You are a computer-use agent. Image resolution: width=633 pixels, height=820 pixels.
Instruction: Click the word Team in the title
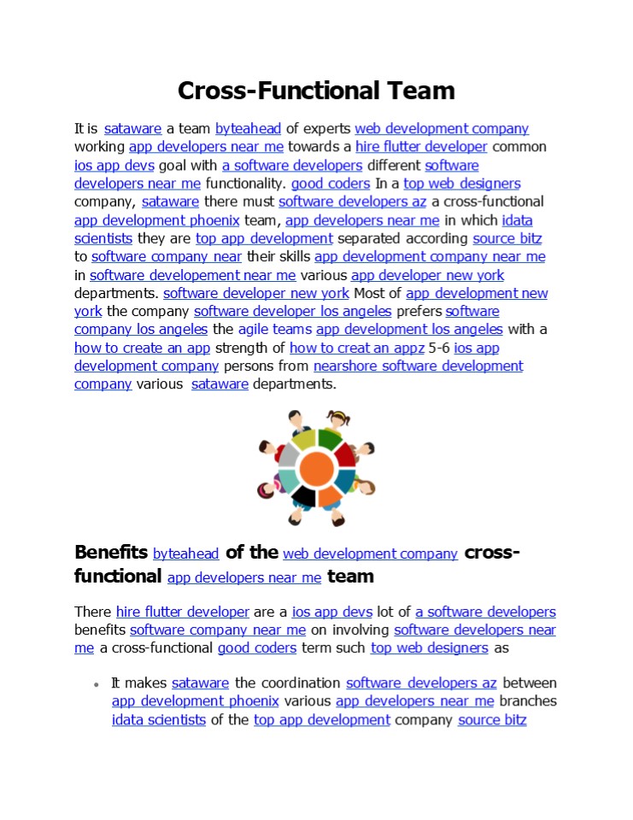[x=417, y=91]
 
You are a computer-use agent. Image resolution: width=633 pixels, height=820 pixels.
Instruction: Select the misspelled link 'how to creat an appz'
[x=357, y=348]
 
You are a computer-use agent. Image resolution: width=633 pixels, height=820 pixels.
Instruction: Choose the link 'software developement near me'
[x=193, y=275]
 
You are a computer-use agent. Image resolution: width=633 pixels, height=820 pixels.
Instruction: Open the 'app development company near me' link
[x=430, y=256]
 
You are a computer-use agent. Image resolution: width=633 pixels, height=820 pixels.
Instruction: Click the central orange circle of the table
[x=317, y=468]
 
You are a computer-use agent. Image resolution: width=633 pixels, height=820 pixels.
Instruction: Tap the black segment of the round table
[x=304, y=495]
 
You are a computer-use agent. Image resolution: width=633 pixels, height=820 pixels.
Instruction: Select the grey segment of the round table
[x=289, y=456]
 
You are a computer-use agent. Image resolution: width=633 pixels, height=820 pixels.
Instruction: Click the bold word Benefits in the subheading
[x=111, y=552]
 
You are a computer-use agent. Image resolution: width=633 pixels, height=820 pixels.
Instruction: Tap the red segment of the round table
[x=345, y=454]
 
